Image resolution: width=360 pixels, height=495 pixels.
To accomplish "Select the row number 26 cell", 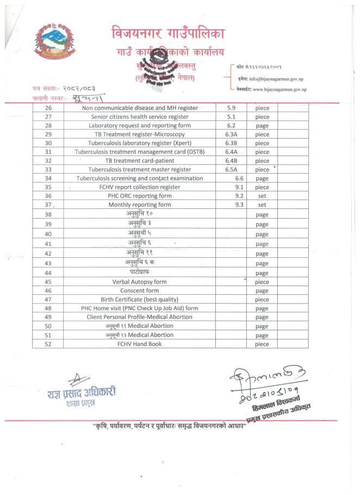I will [48, 108].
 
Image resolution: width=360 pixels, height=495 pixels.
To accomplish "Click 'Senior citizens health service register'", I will [140, 116].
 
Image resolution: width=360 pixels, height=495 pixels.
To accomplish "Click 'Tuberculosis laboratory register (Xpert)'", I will [140, 143].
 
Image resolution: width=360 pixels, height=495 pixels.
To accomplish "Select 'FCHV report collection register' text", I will [140, 187].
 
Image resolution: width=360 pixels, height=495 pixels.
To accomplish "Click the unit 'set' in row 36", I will [262, 196].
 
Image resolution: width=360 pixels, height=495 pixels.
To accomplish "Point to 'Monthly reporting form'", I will [140, 205].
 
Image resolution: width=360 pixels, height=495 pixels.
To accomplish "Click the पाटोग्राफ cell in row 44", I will [140, 273].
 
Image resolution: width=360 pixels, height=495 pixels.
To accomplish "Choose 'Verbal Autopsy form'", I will [140, 282].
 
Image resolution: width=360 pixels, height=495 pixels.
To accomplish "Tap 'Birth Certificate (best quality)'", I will [140, 299].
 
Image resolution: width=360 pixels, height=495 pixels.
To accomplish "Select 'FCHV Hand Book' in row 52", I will [140, 344].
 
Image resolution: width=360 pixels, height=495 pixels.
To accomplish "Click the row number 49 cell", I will [48, 317].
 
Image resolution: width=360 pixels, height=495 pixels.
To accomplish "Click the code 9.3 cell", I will [239, 205].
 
